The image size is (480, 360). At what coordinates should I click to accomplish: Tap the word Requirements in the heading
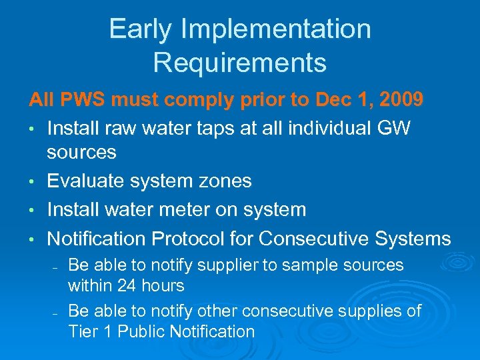240,63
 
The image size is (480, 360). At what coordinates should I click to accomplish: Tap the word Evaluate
91,181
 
